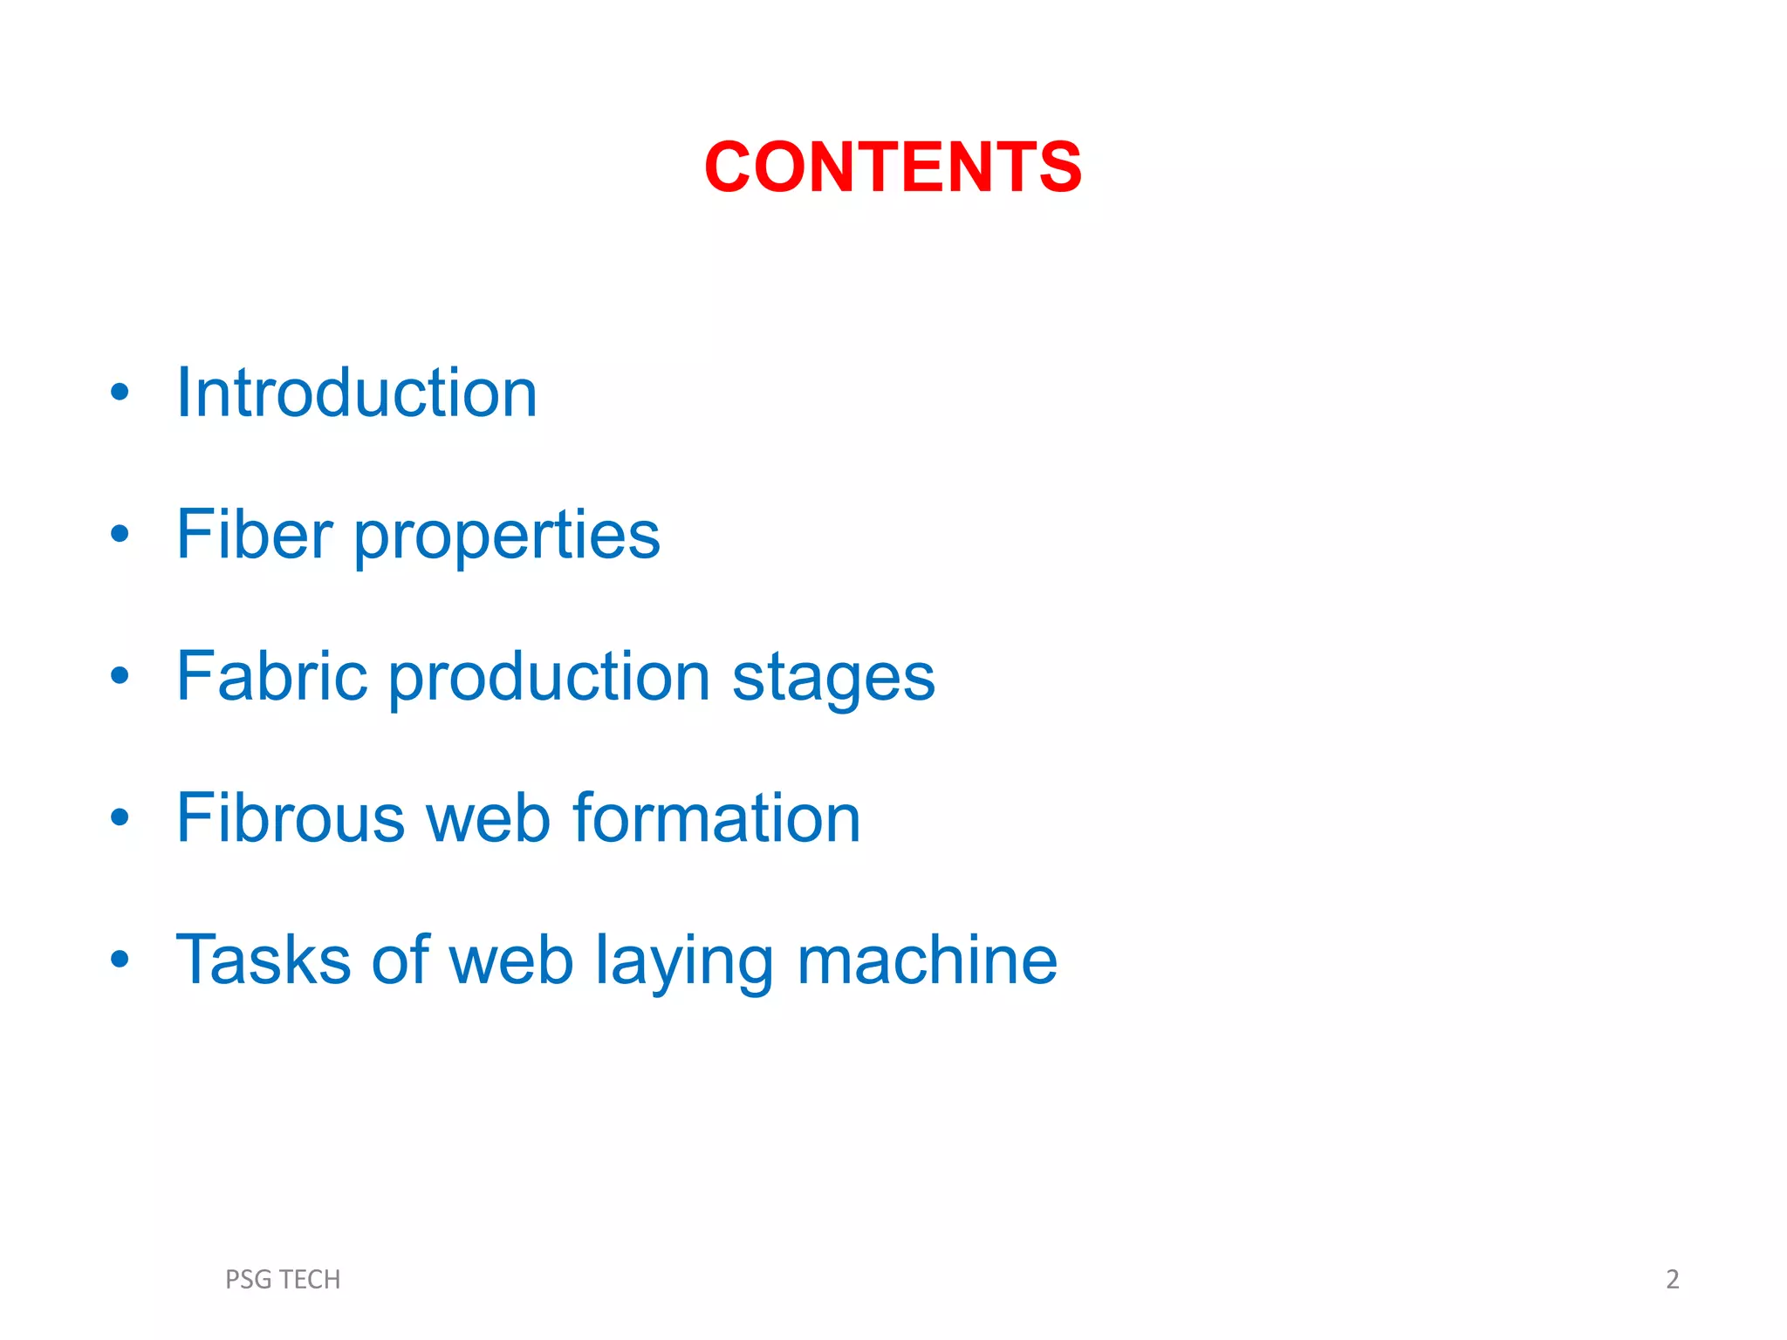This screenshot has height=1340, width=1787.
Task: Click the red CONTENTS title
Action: pos(893,167)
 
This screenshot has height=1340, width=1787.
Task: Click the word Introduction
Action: pos(356,393)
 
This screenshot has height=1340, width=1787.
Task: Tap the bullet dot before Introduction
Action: pos(120,393)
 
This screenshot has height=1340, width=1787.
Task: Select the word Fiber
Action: pos(254,534)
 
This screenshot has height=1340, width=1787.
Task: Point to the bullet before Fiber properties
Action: pos(120,534)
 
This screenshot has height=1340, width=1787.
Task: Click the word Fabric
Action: pos(271,676)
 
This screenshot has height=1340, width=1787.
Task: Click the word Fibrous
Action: pos(290,818)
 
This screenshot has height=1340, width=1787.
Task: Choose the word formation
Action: pos(716,818)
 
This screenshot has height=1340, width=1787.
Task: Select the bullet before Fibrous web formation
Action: pos(120,817)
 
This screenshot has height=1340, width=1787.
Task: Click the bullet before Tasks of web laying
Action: pos(120,960)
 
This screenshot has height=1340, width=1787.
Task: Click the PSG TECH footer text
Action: pos(283,1279)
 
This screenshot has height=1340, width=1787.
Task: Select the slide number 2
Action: pos(1672,1279)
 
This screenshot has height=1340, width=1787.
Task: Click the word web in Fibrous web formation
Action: pos(487,818)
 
